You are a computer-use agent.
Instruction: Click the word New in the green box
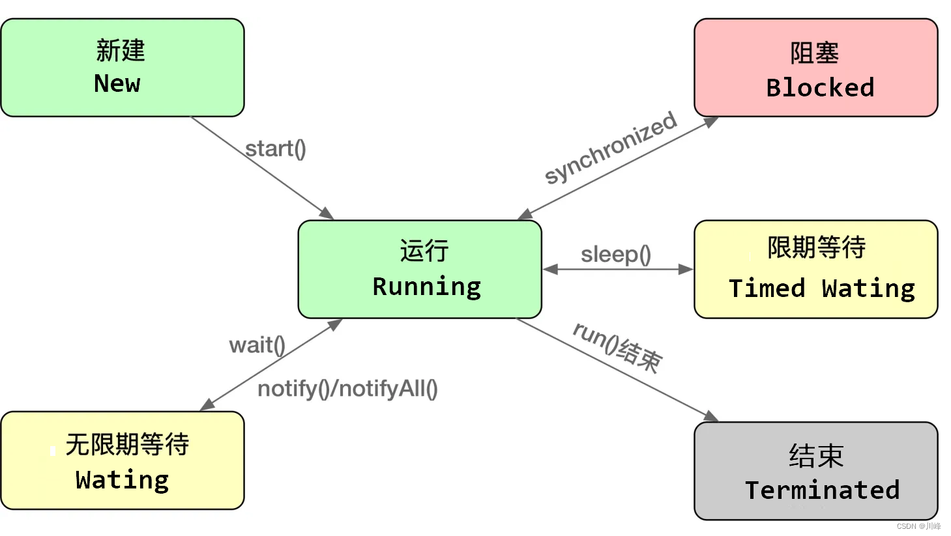point(117,83)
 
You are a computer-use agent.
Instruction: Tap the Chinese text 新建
point(121,50)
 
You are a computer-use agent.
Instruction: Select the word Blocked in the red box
point(820,87)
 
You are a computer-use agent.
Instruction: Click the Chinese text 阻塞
point(814,53)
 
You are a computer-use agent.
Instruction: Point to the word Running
point(426,287)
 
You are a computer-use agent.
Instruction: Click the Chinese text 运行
point(424,251)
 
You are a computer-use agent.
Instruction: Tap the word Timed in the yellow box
point(767,288)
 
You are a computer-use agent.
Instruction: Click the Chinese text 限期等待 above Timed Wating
point(816,247)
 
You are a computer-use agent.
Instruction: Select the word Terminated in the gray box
point(822,490)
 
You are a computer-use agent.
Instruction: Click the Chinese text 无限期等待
point(127,445)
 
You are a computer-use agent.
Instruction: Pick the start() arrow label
point(275,148)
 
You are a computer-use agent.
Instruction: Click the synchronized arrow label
point(611,147)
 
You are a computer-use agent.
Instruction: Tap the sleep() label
point(616,254)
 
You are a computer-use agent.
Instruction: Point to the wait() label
point(257,345)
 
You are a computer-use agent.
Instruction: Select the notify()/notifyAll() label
point(347,389)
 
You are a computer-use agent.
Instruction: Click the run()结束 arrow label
point(617,348)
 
